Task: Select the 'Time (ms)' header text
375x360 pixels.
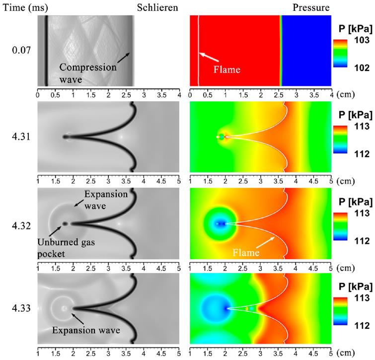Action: point(21,7)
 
